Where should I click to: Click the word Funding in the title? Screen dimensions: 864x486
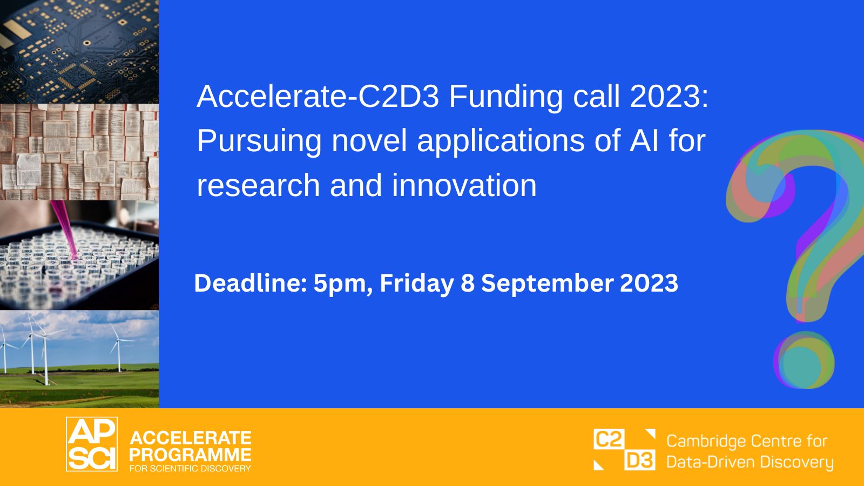(x=505, y=97)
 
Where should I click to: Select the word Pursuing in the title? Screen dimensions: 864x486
(x=259, y=141)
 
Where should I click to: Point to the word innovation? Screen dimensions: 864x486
(x=464, y=186)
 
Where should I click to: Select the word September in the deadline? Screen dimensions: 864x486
(x=548, y=283)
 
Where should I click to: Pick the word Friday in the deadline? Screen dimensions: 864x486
(x=417, y=283)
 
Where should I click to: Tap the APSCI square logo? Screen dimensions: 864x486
(x=92, y=444)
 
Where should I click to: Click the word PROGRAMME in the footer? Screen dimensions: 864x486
(x=190, y=455)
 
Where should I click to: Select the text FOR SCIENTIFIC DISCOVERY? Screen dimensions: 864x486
(x=190, y=469)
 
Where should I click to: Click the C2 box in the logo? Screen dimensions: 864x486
(x=609, y=439)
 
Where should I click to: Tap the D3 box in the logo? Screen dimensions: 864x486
(x=640, y=460)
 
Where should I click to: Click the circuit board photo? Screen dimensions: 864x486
(x=79, y=52)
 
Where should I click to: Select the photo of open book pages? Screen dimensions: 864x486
(x=79, y=152)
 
